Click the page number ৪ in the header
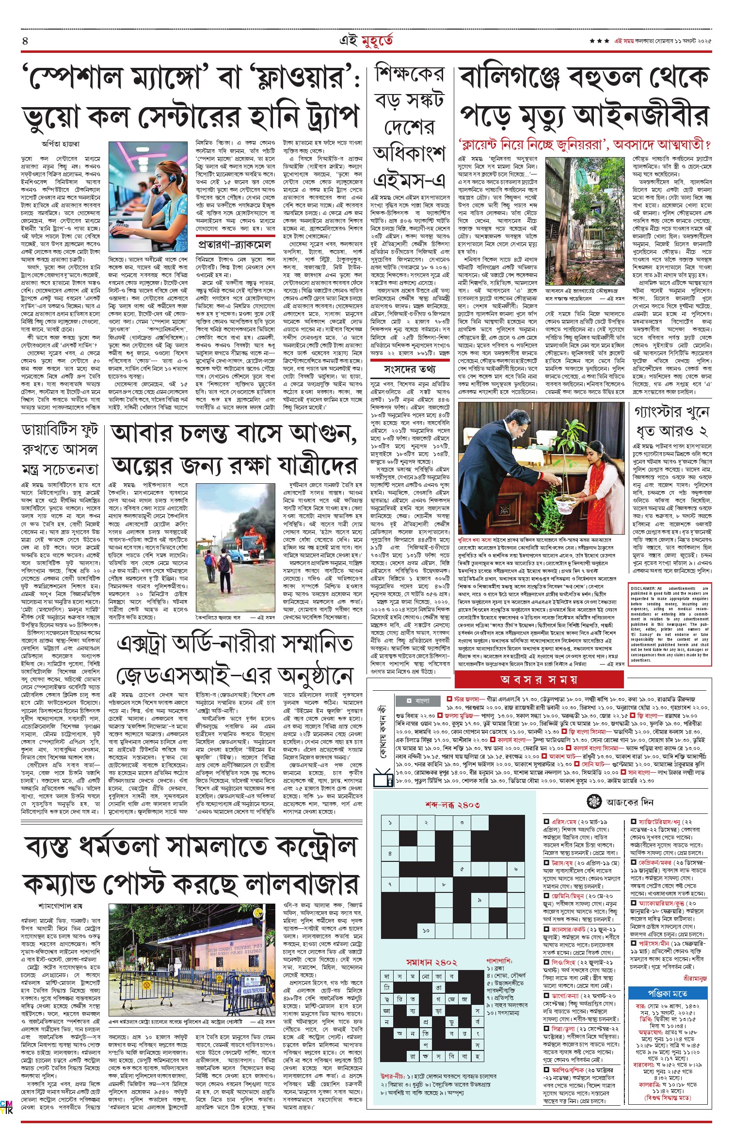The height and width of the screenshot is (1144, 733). click(x=25, y=41)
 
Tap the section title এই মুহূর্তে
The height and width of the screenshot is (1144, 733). click(x=366, y=41)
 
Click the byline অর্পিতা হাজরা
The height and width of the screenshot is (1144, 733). click(x=61, y=144)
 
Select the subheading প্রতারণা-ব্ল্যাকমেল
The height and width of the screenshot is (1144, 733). click(x=234, y=243)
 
